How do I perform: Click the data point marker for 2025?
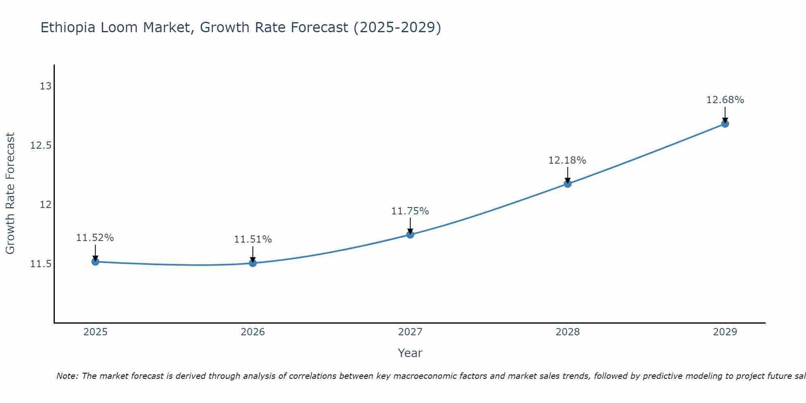pyautogui.click(x=95, y=262)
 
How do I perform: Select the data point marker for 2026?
pyautogui.click(x=253, y=263)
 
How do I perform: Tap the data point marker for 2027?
pyautogui.click(x=410, y=235)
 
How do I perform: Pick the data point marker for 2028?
pyautogui.click(x=567, y=184)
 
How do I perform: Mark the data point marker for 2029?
pyautogui.click(x=725, y=124)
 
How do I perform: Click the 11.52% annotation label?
pyautogui.click(x=95, y=238)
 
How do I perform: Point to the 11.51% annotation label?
pyautogui.click(x=253, y=239)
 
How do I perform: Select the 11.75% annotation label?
pyautogui.click(x=410, y=211)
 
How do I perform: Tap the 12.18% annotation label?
pyautogui.click(x=567, y=160)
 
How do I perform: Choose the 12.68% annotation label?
pyautogui.click(x=725, y=100)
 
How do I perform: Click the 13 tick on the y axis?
pyautogui.click(x=46, y=86)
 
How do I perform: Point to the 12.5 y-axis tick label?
pyautogui.click(x=41, y=145)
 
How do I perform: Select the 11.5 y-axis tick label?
pyautogui.click(x=41, y=264)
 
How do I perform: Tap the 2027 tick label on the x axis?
pyautogui.click(x=410, y=332)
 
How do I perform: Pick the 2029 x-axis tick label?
pyautogui.click(x=725, y=332)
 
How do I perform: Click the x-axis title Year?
pyautogui.click(x=410, y=353)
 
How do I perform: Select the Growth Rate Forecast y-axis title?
pyautogui.click(x=10, y=193)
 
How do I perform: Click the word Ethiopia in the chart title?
pyautogui.click(x=68, y=28)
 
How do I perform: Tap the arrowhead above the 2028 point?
pyautogui.click(x=567, y=180)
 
